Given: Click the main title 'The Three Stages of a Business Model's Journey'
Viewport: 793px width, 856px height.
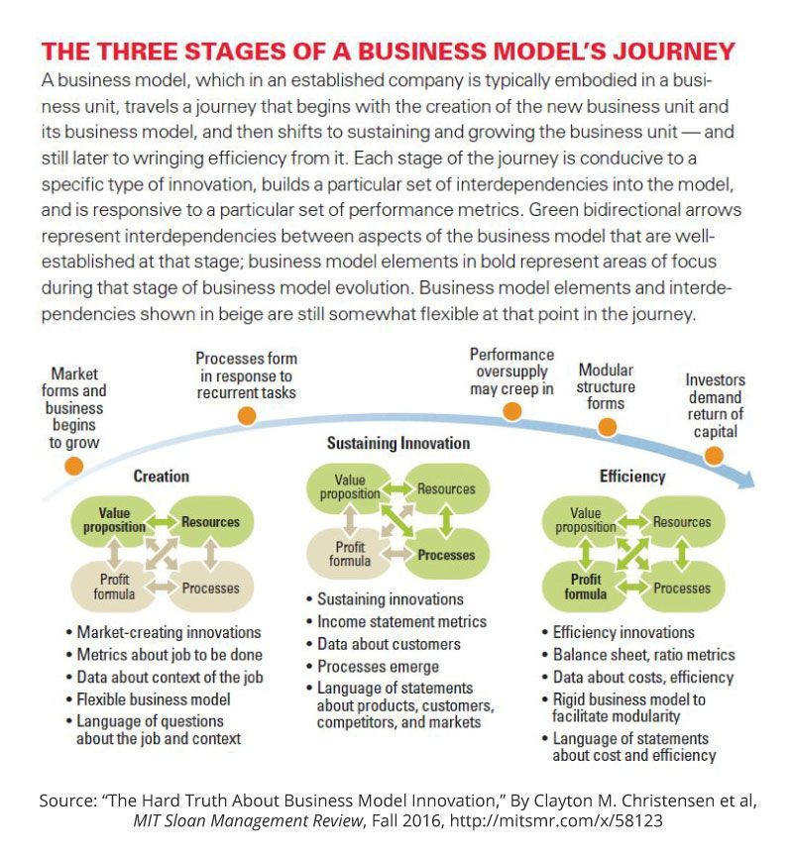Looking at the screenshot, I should tap(388, 51).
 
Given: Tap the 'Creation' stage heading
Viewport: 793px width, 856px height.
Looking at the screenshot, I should tap(161, 477).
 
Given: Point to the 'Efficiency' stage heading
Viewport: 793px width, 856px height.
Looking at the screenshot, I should tap(631, 477).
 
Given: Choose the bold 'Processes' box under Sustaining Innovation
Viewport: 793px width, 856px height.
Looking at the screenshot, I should tap(446, 555).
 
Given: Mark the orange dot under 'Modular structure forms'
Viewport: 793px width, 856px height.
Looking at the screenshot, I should tap(607, 427).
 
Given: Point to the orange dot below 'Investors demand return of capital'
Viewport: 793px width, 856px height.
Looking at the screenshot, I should tap(713, 456).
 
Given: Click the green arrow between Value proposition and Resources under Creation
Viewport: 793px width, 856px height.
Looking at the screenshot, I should tap(161, 522).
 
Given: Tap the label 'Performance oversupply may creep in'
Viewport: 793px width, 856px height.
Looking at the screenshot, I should tap(511, 372).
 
